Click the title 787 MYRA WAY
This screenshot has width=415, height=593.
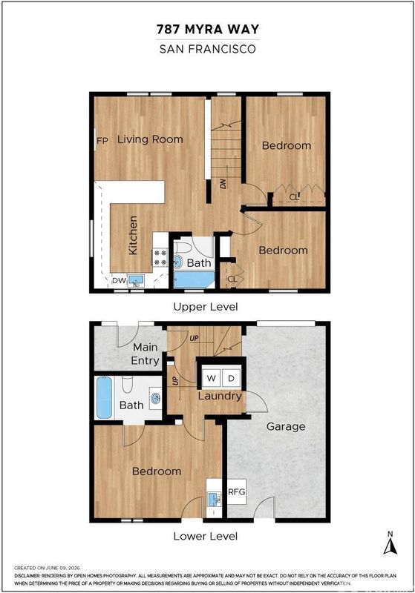(x=208, y=29)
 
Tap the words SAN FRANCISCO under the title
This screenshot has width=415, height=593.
(x=208, y=49)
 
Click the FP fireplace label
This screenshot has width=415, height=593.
(x=102, y=141)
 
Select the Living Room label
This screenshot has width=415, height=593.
(x=150, y=139)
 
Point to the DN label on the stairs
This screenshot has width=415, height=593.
(x=223, y=183)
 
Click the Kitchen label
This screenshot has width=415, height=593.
(x=133, y=235)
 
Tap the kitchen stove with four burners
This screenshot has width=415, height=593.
(x=160, y=257)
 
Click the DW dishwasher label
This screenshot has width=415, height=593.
(x=119, y=281)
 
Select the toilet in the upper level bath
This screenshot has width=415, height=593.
(x=183, y=248)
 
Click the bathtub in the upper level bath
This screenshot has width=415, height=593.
(x=194, y=280)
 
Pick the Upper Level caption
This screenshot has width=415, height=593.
(x=206, y=307)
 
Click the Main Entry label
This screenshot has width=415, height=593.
(x=145, y=354)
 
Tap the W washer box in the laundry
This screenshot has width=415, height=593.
(x=212, y=378)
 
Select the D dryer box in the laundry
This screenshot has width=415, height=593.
(x=231, y=378)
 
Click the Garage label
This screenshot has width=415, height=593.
(x=286, y=427)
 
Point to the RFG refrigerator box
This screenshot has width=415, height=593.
(x=237, y=491)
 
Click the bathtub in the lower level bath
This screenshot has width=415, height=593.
(x=104, y=397)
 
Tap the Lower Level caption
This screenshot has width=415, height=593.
(x=206, y=536)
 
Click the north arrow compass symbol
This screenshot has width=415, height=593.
(x=391, y=543)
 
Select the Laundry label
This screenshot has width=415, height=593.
(x=220, y=397)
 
